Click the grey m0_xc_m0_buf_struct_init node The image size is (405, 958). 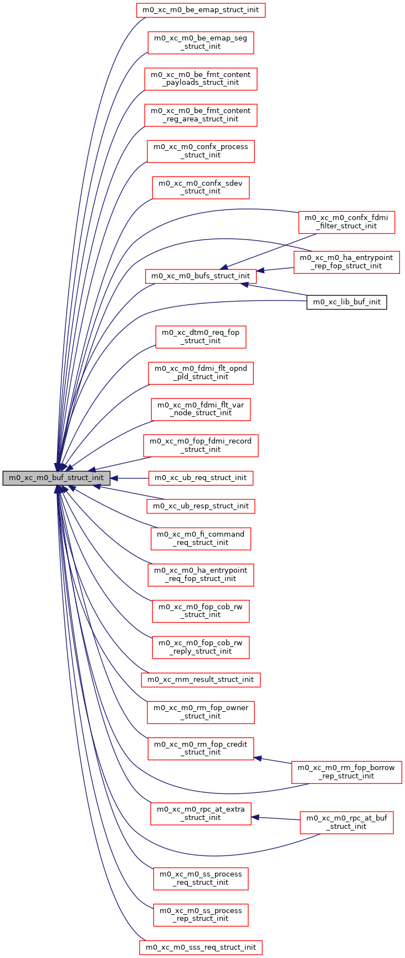point(56,478)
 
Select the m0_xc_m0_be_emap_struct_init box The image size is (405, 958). point(201,10)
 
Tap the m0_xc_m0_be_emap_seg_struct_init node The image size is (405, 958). point(201,42)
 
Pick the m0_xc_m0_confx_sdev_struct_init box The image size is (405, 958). point(201,187)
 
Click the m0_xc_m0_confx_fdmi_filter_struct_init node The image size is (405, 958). point(346,222)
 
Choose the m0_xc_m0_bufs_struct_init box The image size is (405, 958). point(201,276)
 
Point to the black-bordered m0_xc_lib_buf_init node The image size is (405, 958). point(346,302)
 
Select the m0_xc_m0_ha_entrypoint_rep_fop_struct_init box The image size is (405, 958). point(346,262)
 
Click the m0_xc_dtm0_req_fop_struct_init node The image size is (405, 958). point(201,337)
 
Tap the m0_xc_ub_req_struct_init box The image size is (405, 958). point(201,478)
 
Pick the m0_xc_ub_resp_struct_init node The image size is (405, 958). point(201,506)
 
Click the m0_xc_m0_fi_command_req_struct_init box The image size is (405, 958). point(201,538)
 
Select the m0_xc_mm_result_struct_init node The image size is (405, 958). point(201,679)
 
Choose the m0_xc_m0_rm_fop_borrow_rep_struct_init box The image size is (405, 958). point(346,772)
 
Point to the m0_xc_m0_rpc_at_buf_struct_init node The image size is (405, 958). point(346,822)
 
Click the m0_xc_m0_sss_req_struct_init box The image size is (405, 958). point(201,947)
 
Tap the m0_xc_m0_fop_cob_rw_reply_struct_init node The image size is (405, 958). point(201,647)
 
